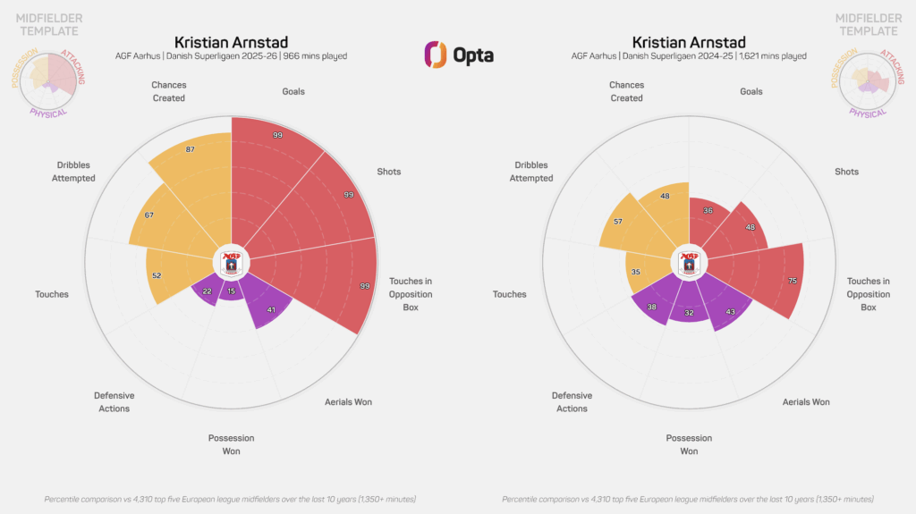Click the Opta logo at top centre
coord(458,54)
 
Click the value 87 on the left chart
coord(190,149)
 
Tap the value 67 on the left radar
coord(148,215)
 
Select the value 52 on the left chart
coord(157,275)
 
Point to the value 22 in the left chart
coord(207,291)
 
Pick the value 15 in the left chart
coord(231,291)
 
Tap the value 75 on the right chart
coord(793,281)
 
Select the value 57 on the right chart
coord(618,220)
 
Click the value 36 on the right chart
coord(708,210)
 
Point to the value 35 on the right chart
coord(634,272)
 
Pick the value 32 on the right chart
coord(689,313)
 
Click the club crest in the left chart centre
coord(231,263)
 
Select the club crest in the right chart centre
coord(689,263)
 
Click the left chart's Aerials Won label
coord(348,402)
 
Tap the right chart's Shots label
coord(846,172)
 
